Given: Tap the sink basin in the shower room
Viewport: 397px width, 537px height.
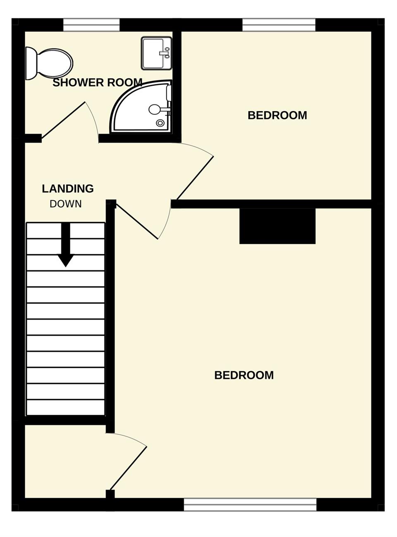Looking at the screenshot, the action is pyautogui.click(x=157, y=54).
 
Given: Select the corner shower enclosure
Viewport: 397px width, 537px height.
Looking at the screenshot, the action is pyautogui.click(x=141, y=106).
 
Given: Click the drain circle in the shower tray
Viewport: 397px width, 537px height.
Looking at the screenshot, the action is pyautogui.click(x=160, y=123).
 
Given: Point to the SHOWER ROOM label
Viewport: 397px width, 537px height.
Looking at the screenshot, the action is pyautogui.click(x=98, y=83).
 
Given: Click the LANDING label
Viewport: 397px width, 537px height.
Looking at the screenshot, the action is pyautogui.click(x=68, y=189).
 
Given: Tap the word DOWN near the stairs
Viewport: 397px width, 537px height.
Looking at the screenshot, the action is pyautogui.click(x=66, y=204).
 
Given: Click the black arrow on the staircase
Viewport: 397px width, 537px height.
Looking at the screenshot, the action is pyautogui.click(x=66, y=245).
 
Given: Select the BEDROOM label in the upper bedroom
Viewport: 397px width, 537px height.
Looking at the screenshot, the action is pyautogui.click(x=277, y=115).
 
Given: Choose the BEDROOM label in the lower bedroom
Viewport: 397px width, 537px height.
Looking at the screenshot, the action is pyautogui.click(x=244, y=375).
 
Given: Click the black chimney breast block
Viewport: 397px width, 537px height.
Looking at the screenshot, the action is pyautogui.click(x=277, y=226).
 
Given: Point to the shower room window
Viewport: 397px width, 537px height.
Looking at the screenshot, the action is pyautogui.click(x=91, y=25).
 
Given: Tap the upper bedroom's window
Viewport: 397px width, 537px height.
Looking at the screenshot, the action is pyautogui.click(x=279, y=25).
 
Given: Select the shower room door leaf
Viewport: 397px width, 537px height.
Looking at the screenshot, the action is pyautogui.click(x=64, y=121).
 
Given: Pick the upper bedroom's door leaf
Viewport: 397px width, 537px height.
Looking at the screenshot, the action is pyautogui.click(x=195, y=178).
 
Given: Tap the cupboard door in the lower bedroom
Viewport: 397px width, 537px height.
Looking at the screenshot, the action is pyautogui.click(x=128, y=468).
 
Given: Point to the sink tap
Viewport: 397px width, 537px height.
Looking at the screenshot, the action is pyautogui.click(x=165, y=52).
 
